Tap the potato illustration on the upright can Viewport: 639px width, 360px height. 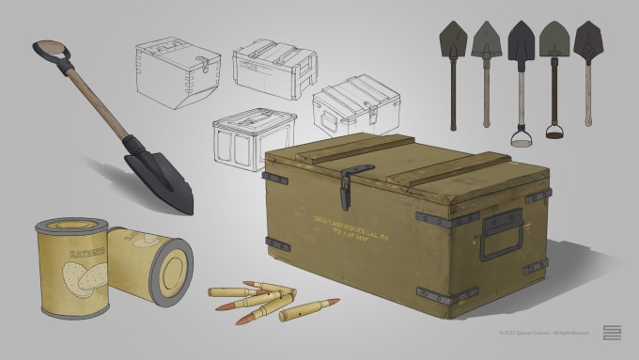tap(70, 275)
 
